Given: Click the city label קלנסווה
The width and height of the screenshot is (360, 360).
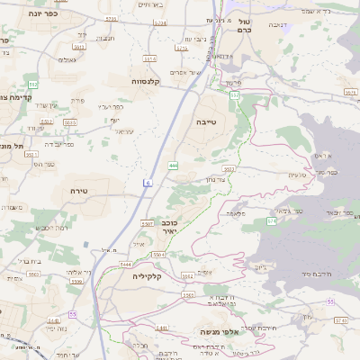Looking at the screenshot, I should pyautogui.click(x=145, y=81).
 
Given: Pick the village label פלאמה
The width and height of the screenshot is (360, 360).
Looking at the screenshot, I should pyautogui.click(x=237, y=212).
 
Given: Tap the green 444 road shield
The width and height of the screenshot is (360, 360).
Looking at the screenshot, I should pyautogui.click(x=173, y=165).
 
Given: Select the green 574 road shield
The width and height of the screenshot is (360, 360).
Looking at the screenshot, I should pyautogui.click(x=270, y=220).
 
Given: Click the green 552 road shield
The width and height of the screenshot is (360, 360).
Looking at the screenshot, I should pyautogui.click(x=32, y=84).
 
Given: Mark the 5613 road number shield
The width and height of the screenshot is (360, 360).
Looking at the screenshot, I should pyautogui.click(x=79, y=47).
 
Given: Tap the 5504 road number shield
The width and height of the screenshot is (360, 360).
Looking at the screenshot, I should pyautogui.click(x=159, y=256).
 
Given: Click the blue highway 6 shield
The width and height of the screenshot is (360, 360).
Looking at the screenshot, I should pyautogui.click(x=146, y=183).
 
